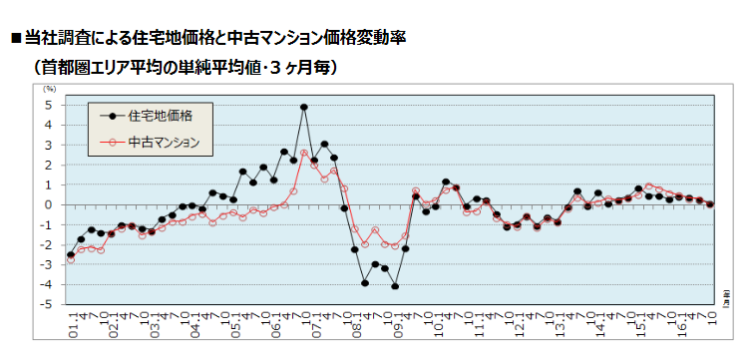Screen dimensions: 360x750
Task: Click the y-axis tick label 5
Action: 49,104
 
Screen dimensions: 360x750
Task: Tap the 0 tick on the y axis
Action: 49,204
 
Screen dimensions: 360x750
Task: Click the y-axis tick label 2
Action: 49,165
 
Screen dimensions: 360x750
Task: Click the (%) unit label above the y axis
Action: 50,90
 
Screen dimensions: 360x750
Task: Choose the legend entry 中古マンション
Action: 166,143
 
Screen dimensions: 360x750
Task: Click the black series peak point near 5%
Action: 303,107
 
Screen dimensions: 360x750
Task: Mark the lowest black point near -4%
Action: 395,286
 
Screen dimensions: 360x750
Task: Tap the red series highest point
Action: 303,153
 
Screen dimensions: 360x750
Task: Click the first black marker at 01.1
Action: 70,255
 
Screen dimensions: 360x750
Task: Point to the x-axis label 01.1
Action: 71,324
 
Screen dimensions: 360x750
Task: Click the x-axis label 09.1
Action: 397,324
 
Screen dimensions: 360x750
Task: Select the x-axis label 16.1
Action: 681,324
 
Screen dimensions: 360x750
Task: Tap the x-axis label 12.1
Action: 519,324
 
